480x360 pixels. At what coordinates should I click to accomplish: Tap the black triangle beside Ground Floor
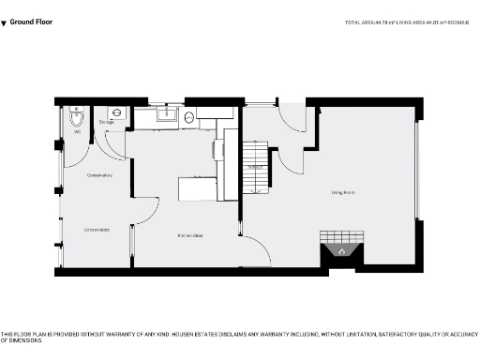4,21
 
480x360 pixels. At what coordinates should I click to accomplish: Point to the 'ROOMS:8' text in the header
460,21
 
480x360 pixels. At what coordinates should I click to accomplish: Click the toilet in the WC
76,119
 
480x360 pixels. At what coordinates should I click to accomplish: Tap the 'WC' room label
78,132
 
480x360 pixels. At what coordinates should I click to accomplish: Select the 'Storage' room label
106,122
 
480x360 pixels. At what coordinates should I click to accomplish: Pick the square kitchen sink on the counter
166,115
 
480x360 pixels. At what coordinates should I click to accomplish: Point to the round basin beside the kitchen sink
188,117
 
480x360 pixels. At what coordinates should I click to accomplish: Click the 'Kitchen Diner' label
191,235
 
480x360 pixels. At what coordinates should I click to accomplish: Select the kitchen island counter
198,188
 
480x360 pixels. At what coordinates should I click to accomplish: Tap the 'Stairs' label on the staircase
253,168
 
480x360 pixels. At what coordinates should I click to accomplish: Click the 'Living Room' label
342,193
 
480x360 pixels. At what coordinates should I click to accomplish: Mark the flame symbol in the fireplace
342,252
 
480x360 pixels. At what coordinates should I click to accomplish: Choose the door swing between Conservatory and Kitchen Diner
143,211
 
